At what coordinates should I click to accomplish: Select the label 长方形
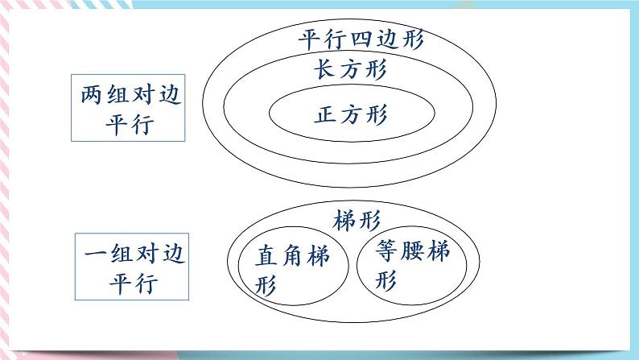coord(351,68)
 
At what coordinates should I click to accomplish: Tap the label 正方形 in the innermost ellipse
coord(351,114)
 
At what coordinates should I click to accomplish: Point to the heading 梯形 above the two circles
coord(355,219)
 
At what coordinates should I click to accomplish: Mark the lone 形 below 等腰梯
coord(388,279)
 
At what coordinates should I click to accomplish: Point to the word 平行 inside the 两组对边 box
coord(128,126)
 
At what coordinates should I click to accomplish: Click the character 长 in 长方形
coord(326,68)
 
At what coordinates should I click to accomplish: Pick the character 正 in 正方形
coord(326,114)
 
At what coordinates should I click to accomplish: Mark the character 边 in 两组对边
coord(167,97)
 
